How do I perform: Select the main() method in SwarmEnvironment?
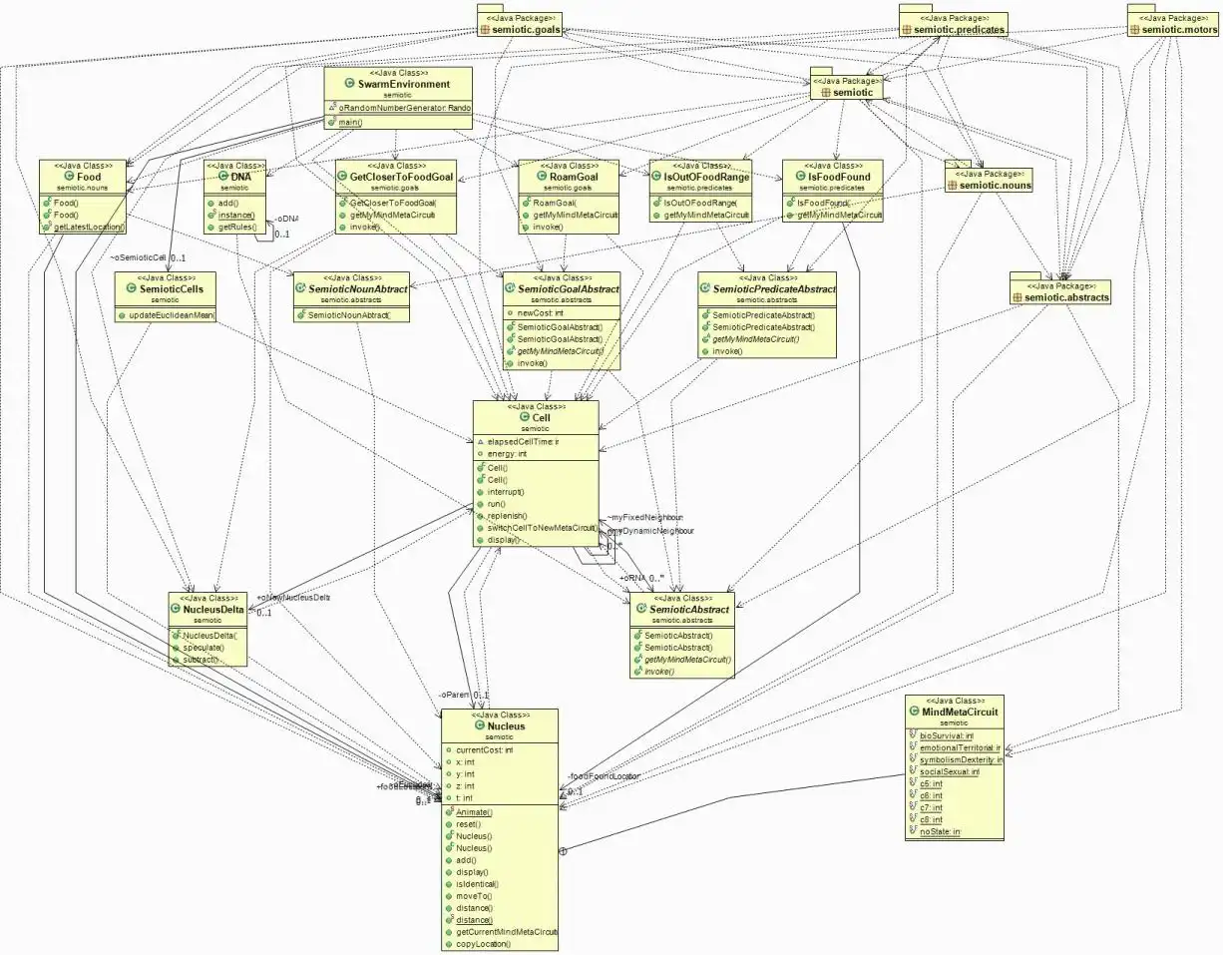[x=348, y=122]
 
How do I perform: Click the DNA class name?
[x=240, y=177]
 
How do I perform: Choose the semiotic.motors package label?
[x=1179, y=30]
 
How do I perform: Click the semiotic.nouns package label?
[x=995, y=185]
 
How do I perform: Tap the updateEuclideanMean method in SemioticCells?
[x=172, y=315]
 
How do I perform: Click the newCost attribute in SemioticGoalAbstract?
[x=540, y=312]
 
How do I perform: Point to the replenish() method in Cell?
[x=507, y=516]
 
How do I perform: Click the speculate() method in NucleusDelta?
[x=203, y=647]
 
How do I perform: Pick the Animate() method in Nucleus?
[x=474, y=812]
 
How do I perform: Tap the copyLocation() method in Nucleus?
[x=483, y=943]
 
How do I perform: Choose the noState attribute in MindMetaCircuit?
[x=939, y=831]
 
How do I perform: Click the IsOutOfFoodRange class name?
[x=706, y=177]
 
